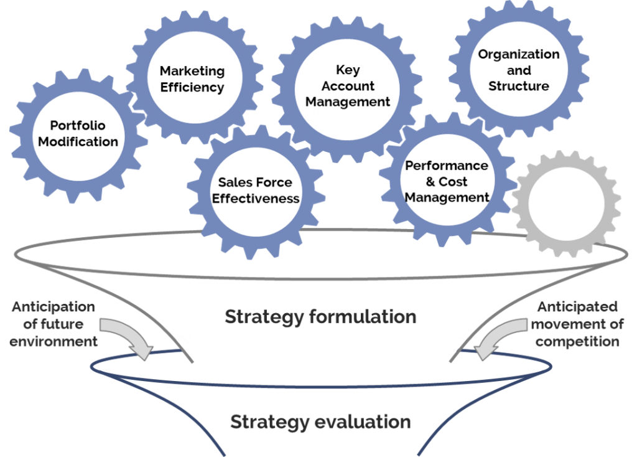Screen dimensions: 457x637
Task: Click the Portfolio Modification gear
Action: tap(78, 134)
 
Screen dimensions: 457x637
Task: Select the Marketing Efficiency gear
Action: tap(192, 80)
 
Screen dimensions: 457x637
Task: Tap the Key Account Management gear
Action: tap(348, 86)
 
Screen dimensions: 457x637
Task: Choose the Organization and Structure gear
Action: tap(519, 70)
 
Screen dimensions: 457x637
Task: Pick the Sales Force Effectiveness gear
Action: tap(256, 191)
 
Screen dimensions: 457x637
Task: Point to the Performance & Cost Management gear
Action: tap(447, 182)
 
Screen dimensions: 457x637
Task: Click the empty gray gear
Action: tap(565, 204)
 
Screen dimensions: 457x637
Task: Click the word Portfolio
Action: tap(78, 126)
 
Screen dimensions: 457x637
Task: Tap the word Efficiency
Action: tap(192, 88)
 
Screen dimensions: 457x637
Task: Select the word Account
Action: tap(348, 86)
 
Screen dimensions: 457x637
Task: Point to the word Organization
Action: tap(519, 54)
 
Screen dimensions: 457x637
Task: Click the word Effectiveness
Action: tap(256, 199)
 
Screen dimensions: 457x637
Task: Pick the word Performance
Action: tap(447, 166)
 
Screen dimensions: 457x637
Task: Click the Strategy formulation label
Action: tap(320, 316)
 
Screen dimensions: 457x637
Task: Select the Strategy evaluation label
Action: tap(320, 422)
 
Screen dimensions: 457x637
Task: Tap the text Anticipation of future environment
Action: tap(53, 324)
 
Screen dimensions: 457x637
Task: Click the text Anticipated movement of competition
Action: tap(577, 324)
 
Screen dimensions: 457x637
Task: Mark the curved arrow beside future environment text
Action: tap(128, 336)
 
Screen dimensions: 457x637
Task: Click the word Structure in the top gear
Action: tap(519, 86)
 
